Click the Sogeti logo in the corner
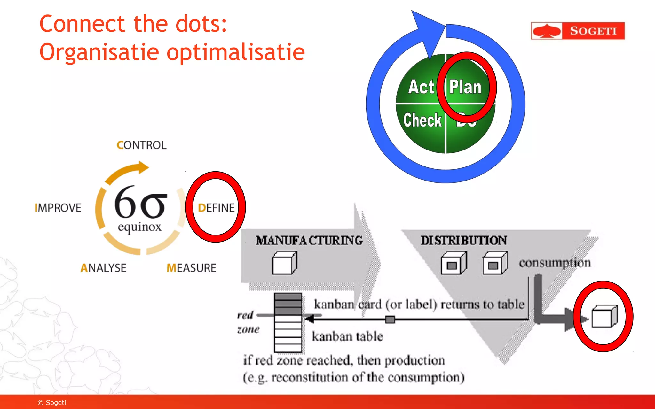(x=578, y=31)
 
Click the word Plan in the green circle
(x=465, y=87)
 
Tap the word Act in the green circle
(x=421, y=87)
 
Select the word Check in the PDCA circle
(x=422, y=120)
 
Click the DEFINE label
(x=216, y=208)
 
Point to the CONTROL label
(x=141, y=145)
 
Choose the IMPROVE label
(x=58, y=208)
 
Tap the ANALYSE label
(x=103, y=268)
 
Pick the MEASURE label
(x=191, y=268)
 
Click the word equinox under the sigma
(x=139, y=227)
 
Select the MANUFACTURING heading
(x=309, y=240)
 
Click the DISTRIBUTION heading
(x=463, y=240)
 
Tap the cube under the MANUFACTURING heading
(x=284, y=263)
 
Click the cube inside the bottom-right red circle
(x=604, y=316)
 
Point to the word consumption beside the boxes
(x=555, y=263)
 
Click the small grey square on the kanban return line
(x=390, y=319)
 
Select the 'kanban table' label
(x=347, y=336)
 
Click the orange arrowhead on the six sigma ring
(x=143, y=167)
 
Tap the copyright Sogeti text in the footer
(x=52, y=403)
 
